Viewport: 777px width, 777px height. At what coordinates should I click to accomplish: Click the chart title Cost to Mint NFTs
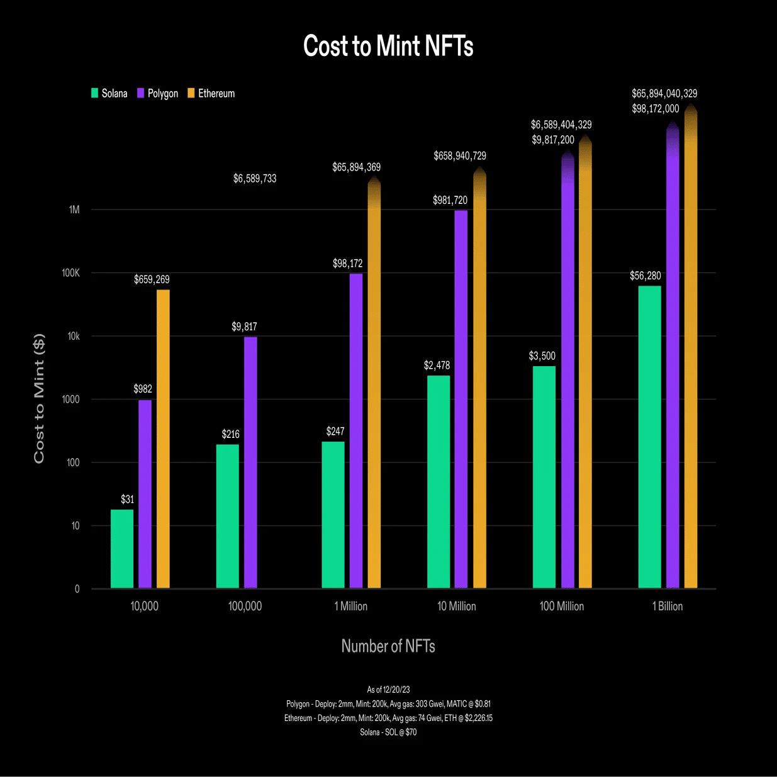[x=388, y=47]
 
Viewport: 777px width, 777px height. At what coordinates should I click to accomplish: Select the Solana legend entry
[x=109, y=93]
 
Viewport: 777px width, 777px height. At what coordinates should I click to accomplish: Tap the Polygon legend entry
[x=158, y=93]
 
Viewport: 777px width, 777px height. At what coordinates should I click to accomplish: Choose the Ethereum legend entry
[x=211, y=93]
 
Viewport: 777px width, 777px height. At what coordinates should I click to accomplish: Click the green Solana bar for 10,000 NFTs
[x=122, y=549]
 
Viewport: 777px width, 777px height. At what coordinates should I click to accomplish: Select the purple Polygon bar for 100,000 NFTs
[x=250, y=462]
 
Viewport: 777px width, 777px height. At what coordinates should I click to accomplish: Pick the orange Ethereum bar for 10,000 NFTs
[x=163, y=439]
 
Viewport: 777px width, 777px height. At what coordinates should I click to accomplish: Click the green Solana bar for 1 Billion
[x=649, y=437]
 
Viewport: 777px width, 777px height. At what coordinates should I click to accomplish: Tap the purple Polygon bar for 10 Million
[x=461, y=399]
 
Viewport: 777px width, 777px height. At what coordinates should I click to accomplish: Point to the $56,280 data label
[x=646, y=276]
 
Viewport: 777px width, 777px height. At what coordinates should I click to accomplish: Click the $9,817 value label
[x=244, y=327]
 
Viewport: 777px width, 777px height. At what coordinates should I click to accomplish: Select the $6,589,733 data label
[x=255, y=179]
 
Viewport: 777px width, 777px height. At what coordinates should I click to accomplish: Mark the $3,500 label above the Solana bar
[x=542, y=356]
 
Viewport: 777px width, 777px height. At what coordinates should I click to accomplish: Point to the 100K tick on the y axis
[x=71, y=273]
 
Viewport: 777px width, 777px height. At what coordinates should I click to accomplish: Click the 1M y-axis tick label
[x=74, y=210]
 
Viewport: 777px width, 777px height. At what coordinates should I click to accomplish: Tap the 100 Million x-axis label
[x=562, y=606]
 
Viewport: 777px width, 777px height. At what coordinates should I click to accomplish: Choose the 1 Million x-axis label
[x=351, y=606]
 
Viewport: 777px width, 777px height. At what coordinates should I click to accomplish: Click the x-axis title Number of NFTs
[x=388, y=646]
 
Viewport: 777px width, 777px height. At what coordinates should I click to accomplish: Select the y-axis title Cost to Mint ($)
[x=39, y=398]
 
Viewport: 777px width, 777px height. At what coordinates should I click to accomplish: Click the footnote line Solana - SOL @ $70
[x=388, y=732]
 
